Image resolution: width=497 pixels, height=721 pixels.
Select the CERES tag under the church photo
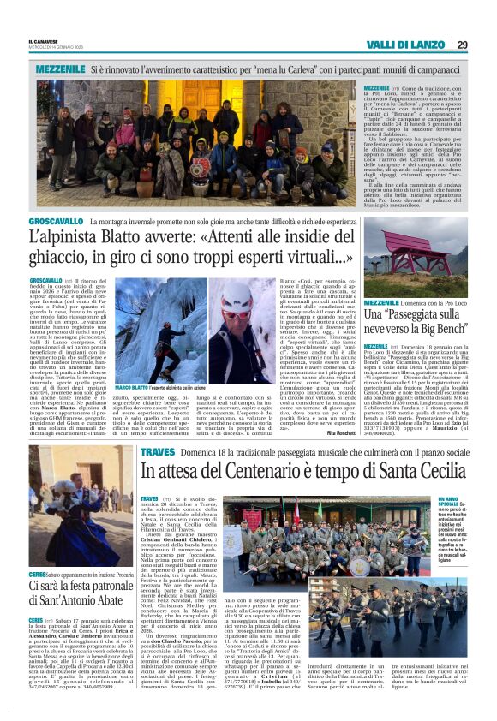coord(37,573)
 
